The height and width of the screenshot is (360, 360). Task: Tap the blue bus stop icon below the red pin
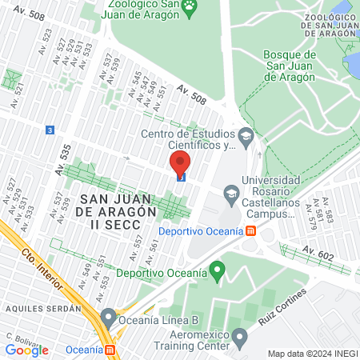pyautogui.click(x=181, y=178)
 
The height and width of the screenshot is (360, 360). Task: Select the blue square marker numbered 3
pyautogui.click(x=50, y=129)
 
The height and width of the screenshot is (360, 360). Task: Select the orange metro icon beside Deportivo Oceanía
pyautogui.click(x=251, y=231)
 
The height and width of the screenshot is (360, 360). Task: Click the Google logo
pyautogui.click(x=26, y=350)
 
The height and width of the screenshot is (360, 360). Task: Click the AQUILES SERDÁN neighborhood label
pyautogui.click(x=42, y=307)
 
